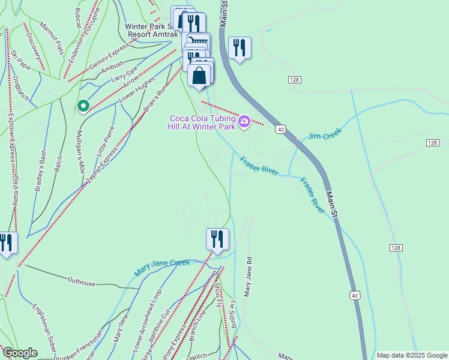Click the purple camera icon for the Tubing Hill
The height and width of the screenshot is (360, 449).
[x=244, y=122]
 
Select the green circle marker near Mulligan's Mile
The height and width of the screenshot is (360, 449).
[x=83, y=106]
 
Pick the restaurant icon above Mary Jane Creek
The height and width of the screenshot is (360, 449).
[x=217, y=239]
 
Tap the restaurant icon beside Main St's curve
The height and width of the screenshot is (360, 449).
[x=240, y=48]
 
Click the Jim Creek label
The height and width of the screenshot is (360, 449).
[x=325, y=133]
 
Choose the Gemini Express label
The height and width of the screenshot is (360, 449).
[x=109, y=55]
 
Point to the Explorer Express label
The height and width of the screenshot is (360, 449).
[x=11, y=137]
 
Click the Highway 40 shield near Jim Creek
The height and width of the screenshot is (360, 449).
[x=280, y=129]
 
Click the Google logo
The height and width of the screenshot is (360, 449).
[x=20, y=353]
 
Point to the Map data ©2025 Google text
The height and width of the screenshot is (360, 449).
[x=411, y=355]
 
